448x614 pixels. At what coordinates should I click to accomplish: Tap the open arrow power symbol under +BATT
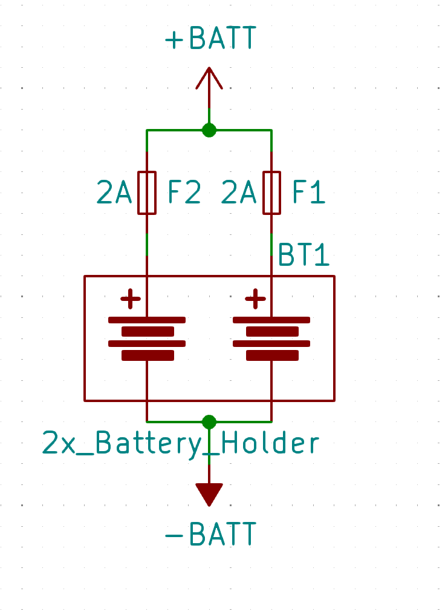209,79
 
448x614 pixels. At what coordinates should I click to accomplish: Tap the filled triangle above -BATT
209,494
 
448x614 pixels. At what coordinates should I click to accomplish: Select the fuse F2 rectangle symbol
147,193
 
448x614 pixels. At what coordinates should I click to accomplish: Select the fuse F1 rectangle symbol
271,193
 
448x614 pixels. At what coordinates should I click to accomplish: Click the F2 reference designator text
184,193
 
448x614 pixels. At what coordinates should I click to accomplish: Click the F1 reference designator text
309,193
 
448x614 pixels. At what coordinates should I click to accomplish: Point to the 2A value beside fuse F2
114,193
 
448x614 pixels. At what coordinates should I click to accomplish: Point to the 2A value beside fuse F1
239,193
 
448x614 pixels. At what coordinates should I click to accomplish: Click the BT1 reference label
304,256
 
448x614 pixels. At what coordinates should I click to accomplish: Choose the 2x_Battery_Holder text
180,444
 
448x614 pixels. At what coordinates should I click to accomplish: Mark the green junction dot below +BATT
209,130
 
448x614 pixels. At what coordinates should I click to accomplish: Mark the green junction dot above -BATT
209,421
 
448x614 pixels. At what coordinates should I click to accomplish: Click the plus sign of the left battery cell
131,299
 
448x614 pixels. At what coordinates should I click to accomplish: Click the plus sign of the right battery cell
255,299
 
